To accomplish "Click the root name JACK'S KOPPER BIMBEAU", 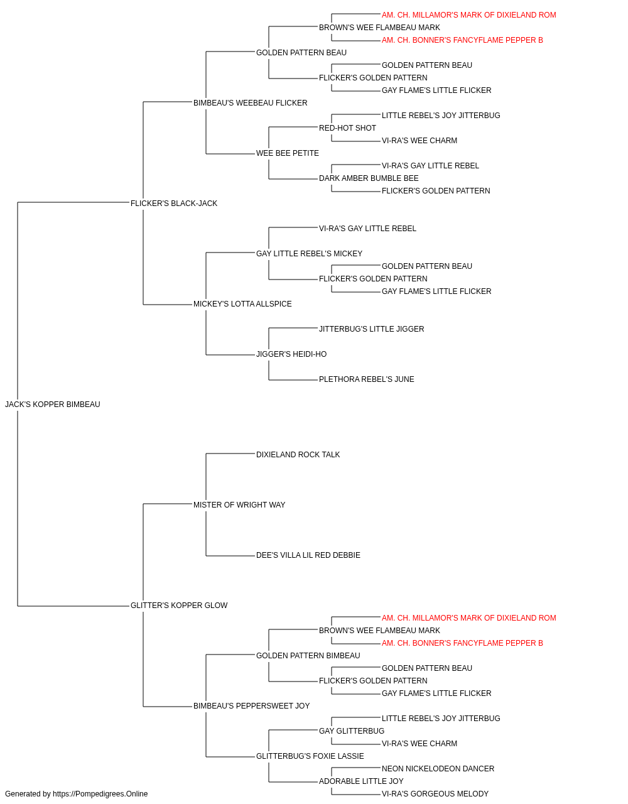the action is click(53, 405).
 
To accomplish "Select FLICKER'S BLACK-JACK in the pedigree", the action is click(174, 204).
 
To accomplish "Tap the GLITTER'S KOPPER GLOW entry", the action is click(179, 606).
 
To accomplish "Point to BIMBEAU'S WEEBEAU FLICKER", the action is click(251, 103).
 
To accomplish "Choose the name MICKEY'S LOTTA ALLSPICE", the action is click(242, 304).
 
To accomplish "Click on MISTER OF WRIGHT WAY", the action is click(239, 504).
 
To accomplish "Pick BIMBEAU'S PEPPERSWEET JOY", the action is click(251, 705).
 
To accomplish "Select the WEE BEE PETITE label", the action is click(288, 153).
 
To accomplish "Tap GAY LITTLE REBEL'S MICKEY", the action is click(309, 253).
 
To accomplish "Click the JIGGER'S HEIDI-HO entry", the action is click(291, 354).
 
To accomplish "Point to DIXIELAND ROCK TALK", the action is click(298, 454).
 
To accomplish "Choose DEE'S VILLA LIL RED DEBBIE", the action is click(308, 555).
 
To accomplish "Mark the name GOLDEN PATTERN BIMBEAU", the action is click(308, 655).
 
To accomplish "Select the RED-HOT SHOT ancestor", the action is click(347, 128).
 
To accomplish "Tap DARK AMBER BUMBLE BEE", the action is click(369, 178).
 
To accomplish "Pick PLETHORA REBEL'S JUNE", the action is click(367, 379).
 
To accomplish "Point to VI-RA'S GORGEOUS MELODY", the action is click(435, 794).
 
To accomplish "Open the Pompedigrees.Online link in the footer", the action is click(100, 794).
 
